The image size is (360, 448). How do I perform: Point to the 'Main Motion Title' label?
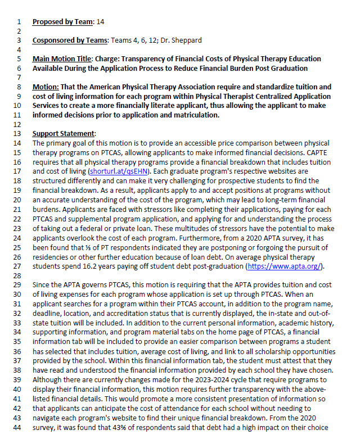(x=61, y=59)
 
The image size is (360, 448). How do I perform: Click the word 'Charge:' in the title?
(x=107, y=59)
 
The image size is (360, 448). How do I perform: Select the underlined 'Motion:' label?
(x=46, y=87)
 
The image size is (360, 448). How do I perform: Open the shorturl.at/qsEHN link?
(x=119, y=161)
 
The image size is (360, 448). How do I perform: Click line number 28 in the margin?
(x=20, y=276)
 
